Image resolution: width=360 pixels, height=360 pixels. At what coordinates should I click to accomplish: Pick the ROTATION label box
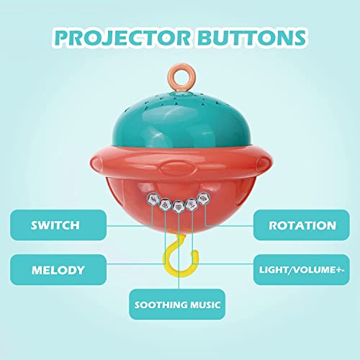(302, 225)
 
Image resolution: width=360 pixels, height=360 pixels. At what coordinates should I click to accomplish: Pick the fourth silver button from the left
(192, 204)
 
